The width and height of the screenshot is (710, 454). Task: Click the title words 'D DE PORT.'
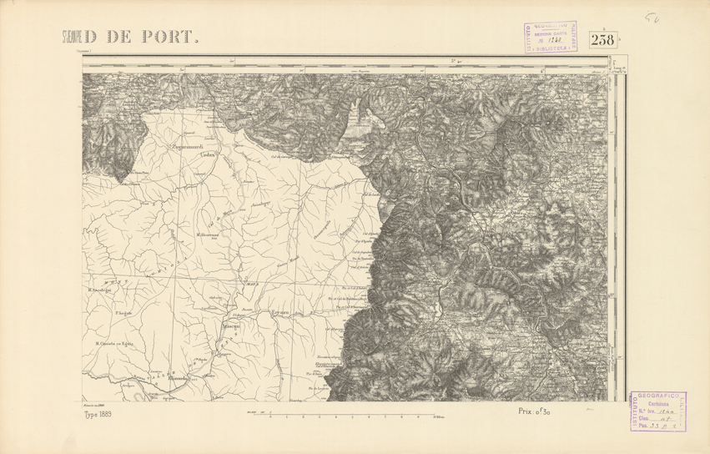(143, 37)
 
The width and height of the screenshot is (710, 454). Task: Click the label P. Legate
(123, 313)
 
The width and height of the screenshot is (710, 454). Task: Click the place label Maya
(248, 282)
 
